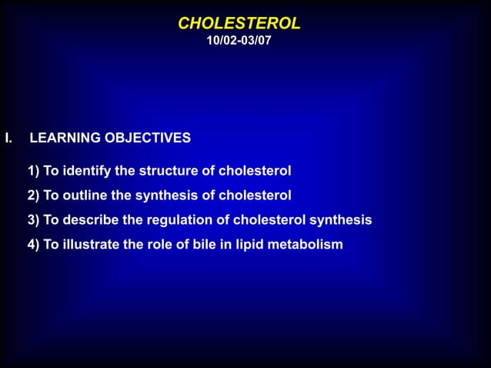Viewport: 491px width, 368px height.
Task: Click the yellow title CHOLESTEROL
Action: pos(239,23)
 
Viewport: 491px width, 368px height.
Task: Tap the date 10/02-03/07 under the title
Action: pos(239,40)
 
